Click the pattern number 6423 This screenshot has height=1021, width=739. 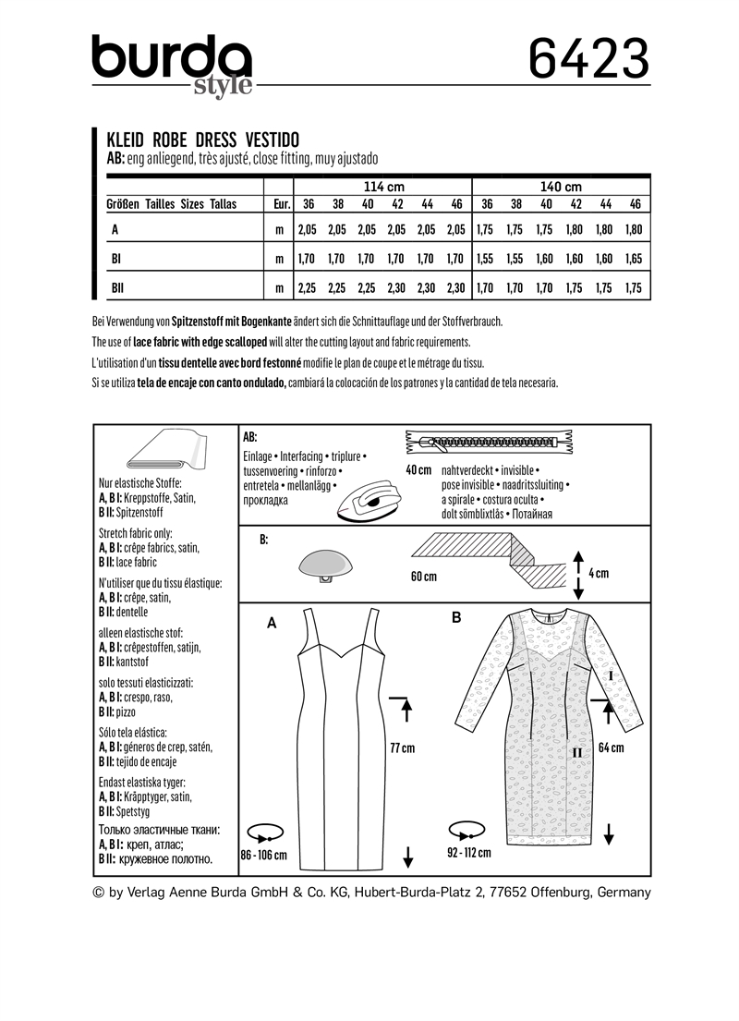tap(588, 58)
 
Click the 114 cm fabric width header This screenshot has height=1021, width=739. tap(382, 186)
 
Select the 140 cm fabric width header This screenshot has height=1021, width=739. tap(561, 186)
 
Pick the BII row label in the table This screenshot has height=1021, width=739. tap(118, 289)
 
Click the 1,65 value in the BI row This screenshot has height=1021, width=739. tap(635, 261)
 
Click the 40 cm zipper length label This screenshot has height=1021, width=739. tap(418, 470)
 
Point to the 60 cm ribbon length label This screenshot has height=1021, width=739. tap(424, 577)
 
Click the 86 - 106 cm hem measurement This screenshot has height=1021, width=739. tap(263, 855)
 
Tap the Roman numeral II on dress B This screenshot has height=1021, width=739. tap(576, 753)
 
